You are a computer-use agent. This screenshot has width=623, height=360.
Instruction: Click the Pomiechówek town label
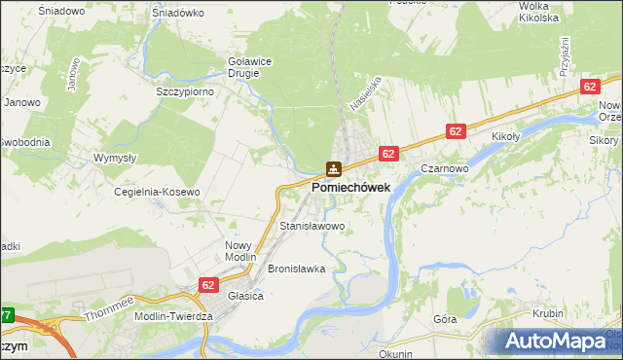(x=350, y=187)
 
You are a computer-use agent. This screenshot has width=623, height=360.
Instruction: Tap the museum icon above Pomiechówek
(x=333, y=169)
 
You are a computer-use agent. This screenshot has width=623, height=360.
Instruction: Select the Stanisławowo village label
(x=312, y=226)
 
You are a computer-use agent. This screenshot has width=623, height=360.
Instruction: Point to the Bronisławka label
(x=296, y=268)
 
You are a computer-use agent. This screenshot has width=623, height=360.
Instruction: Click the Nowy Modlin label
(x=238, y=250)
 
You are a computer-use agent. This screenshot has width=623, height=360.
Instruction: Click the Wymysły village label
(x=114, y=157)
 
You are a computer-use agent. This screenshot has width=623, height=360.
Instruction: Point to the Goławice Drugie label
(x=250, y=66)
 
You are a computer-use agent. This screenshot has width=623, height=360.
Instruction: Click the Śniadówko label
(x=178, y=14)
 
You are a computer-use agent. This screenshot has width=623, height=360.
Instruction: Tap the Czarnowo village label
(x=447, y=167)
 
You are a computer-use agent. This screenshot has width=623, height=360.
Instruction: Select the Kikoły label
(x=508, y=137)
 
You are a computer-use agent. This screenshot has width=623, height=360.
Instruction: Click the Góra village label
(x=445, y=318)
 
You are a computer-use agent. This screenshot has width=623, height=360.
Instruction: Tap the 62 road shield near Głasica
(x=208, y=284)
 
